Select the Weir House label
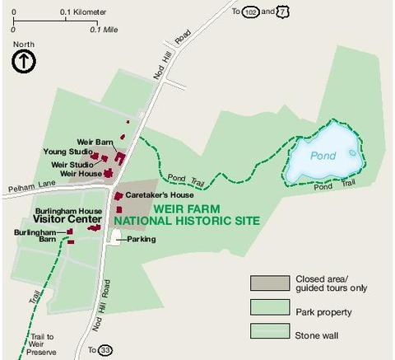81,173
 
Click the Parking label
141,239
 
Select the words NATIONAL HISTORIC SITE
187,221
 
